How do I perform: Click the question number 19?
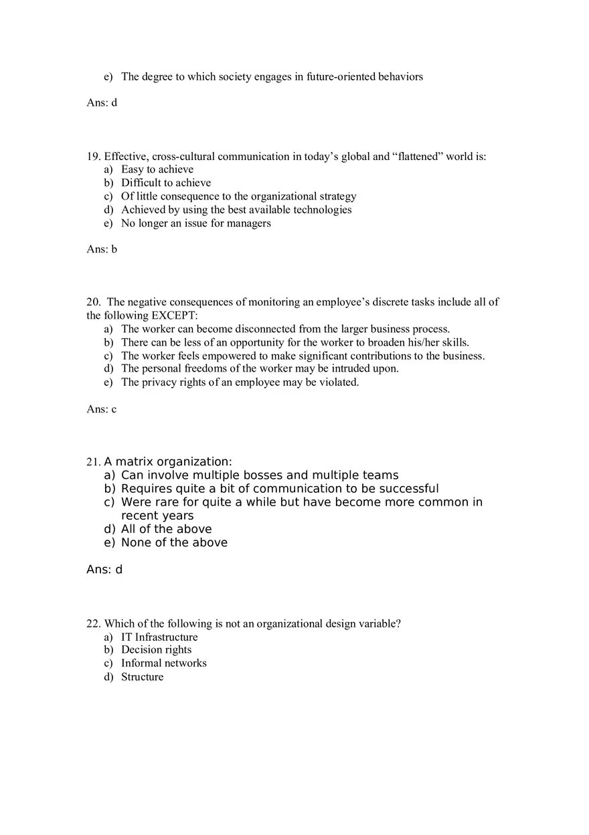(93, 157)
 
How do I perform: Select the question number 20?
(93, 302)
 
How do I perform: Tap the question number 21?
(93, 462)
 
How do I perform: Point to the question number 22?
(93, 623)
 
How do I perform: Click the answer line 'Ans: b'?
(102, 249)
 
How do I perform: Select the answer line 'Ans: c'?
(101, 409)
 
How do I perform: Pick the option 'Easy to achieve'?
(157, 169)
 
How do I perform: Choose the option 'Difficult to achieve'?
(166, 183)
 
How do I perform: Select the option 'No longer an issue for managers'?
(196, 223)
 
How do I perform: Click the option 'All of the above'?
(166, 529)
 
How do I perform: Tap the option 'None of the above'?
(174, 542)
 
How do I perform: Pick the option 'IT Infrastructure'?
(159, 637)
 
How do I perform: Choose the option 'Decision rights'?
(156, 650)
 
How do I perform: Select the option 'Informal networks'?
(164, 663)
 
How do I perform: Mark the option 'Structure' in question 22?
(142, 677)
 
